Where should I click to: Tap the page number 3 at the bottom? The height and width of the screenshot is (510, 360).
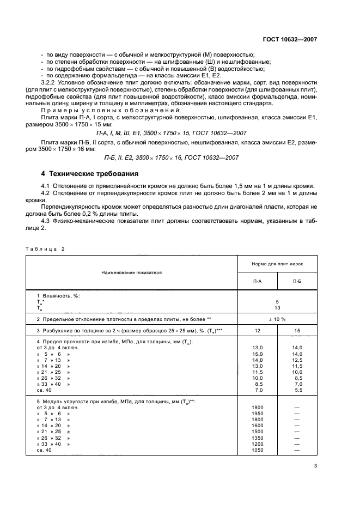[x=315, y=465]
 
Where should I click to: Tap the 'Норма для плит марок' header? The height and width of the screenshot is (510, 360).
[x=278, y=263]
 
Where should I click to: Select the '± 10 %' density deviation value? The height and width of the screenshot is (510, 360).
[x=278, y=318]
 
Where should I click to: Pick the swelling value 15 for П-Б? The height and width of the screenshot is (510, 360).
[x=297, y=331]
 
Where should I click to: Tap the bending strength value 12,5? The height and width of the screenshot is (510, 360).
[x=297, y=361]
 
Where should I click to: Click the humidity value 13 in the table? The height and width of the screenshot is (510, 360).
[x=278, y=307]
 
